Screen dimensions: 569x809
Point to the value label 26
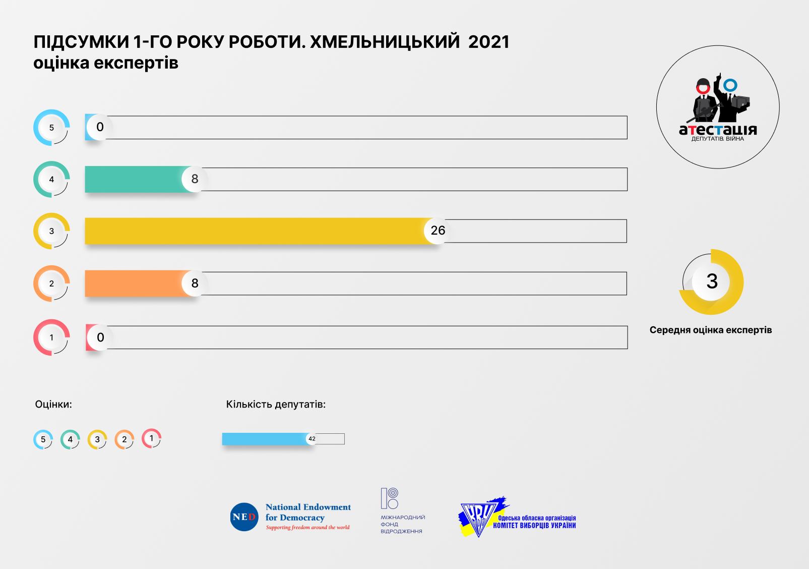438,231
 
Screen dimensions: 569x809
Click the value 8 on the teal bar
195,179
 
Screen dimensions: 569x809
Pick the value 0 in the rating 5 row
100,127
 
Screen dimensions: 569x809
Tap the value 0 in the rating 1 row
100,337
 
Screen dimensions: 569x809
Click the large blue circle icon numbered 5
51,128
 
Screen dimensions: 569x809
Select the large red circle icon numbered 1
51,337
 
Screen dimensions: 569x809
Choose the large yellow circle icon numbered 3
51,231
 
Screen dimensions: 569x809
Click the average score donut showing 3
711,281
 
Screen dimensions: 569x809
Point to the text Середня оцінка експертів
710,330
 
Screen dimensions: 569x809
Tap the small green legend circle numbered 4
70,439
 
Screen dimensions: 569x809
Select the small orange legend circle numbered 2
124,439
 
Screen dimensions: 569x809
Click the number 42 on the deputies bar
312,439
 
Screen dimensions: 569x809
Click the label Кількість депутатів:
276,405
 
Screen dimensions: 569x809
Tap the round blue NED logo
244,517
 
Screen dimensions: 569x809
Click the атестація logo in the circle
718,107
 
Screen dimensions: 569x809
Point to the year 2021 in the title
488,42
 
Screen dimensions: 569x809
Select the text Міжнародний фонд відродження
402,524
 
